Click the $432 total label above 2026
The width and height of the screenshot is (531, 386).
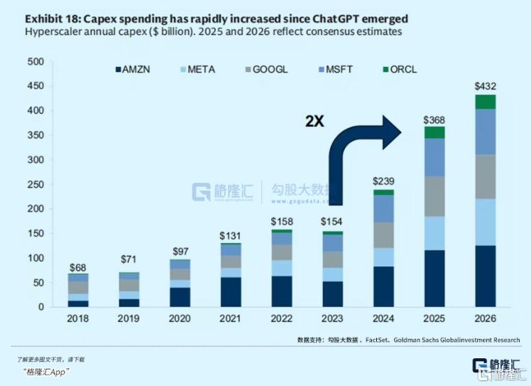pos(486,87)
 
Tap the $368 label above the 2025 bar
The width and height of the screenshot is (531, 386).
pos(434,119)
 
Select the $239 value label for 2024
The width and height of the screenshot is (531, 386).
pos(383,182)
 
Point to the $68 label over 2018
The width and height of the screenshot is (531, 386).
pos(78,267)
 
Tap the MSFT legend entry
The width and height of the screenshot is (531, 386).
pos(338,70)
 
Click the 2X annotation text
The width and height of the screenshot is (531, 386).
pos(314,121)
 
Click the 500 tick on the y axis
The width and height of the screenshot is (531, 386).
pos(35,62)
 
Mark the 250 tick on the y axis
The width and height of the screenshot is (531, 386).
pos(35,184)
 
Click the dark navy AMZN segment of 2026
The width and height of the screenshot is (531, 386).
pos(486,276)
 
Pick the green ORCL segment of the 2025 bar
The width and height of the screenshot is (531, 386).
pos(434,132)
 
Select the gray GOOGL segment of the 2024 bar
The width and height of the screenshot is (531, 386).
pos(384,235)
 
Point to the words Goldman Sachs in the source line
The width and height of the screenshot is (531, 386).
pos(410,339)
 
